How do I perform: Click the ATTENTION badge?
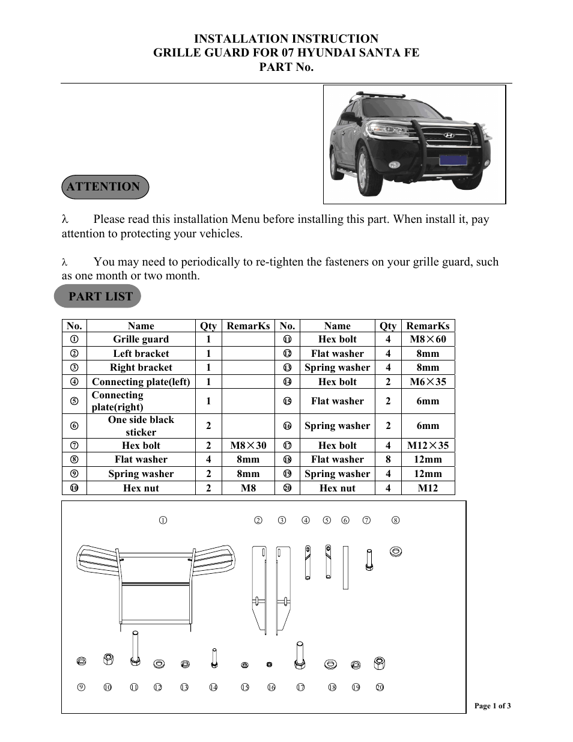click(105, 187)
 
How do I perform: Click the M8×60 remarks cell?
click(428, 339)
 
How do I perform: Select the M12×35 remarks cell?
click(428, 445)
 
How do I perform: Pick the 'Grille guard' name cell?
click(141, 339)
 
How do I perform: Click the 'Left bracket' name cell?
click(141, 354)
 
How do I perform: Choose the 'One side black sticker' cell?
click(141, 426)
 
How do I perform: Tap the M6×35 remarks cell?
click(428, 382)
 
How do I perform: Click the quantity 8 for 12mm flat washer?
click(388, 460)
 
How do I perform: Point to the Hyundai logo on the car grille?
click(449, 135)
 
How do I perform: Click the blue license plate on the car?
click(453, 159)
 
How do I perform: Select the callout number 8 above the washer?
click(395, 520)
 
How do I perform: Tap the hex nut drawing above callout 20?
click(379, 663)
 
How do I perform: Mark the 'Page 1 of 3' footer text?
click(493, 706)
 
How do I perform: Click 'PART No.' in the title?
click(286, 67)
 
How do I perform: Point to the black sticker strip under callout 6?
click(345, 567)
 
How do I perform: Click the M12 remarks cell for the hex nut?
click(428, 488)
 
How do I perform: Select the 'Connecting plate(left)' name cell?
click(141, 382)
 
